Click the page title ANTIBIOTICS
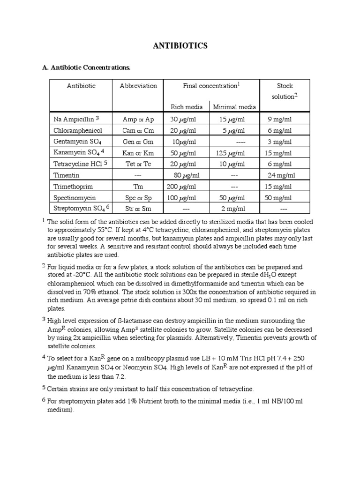click(x=180, y=46)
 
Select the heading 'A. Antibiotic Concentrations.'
click(x=86, y=67)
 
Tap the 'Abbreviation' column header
click(x=138, y=86)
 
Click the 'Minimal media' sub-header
click(x=234, y=107)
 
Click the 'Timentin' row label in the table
click(x=67, y=175)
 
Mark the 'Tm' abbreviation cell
click(x=138, y=186)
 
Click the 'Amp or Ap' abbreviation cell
click(x=138, y=119)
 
